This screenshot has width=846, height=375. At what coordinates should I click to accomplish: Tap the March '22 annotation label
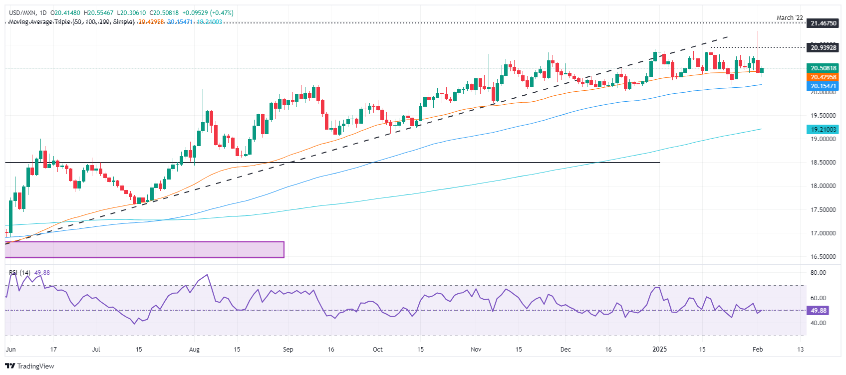(790, 18)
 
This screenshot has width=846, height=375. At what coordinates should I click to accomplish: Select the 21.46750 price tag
(823, 23)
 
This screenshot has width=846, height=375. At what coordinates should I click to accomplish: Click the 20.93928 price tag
(823, 48)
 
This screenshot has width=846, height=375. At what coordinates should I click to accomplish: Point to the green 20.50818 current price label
(823, 68)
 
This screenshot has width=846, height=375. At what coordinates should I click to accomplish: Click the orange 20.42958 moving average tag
(823, 77)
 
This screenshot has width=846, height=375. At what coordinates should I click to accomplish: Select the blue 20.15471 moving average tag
(823, 86)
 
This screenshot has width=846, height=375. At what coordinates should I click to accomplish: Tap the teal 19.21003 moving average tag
(823, 129)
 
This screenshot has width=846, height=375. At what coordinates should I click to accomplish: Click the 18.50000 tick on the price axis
(823, 163)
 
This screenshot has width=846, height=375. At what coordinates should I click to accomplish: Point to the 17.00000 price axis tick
(823, 233)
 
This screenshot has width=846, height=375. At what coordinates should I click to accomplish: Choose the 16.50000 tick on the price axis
(823, 257)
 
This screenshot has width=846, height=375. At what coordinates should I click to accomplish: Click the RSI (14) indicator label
(20, 273)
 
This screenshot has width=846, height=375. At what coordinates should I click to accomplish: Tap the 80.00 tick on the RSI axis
(818, 273)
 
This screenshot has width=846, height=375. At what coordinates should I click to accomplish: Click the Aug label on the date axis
(194, 350)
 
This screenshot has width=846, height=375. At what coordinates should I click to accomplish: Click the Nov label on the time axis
(476, 350)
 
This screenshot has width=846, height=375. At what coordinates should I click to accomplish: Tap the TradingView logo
(30, 366)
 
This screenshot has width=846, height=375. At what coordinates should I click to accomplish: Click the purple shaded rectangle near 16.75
(144, 250)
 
